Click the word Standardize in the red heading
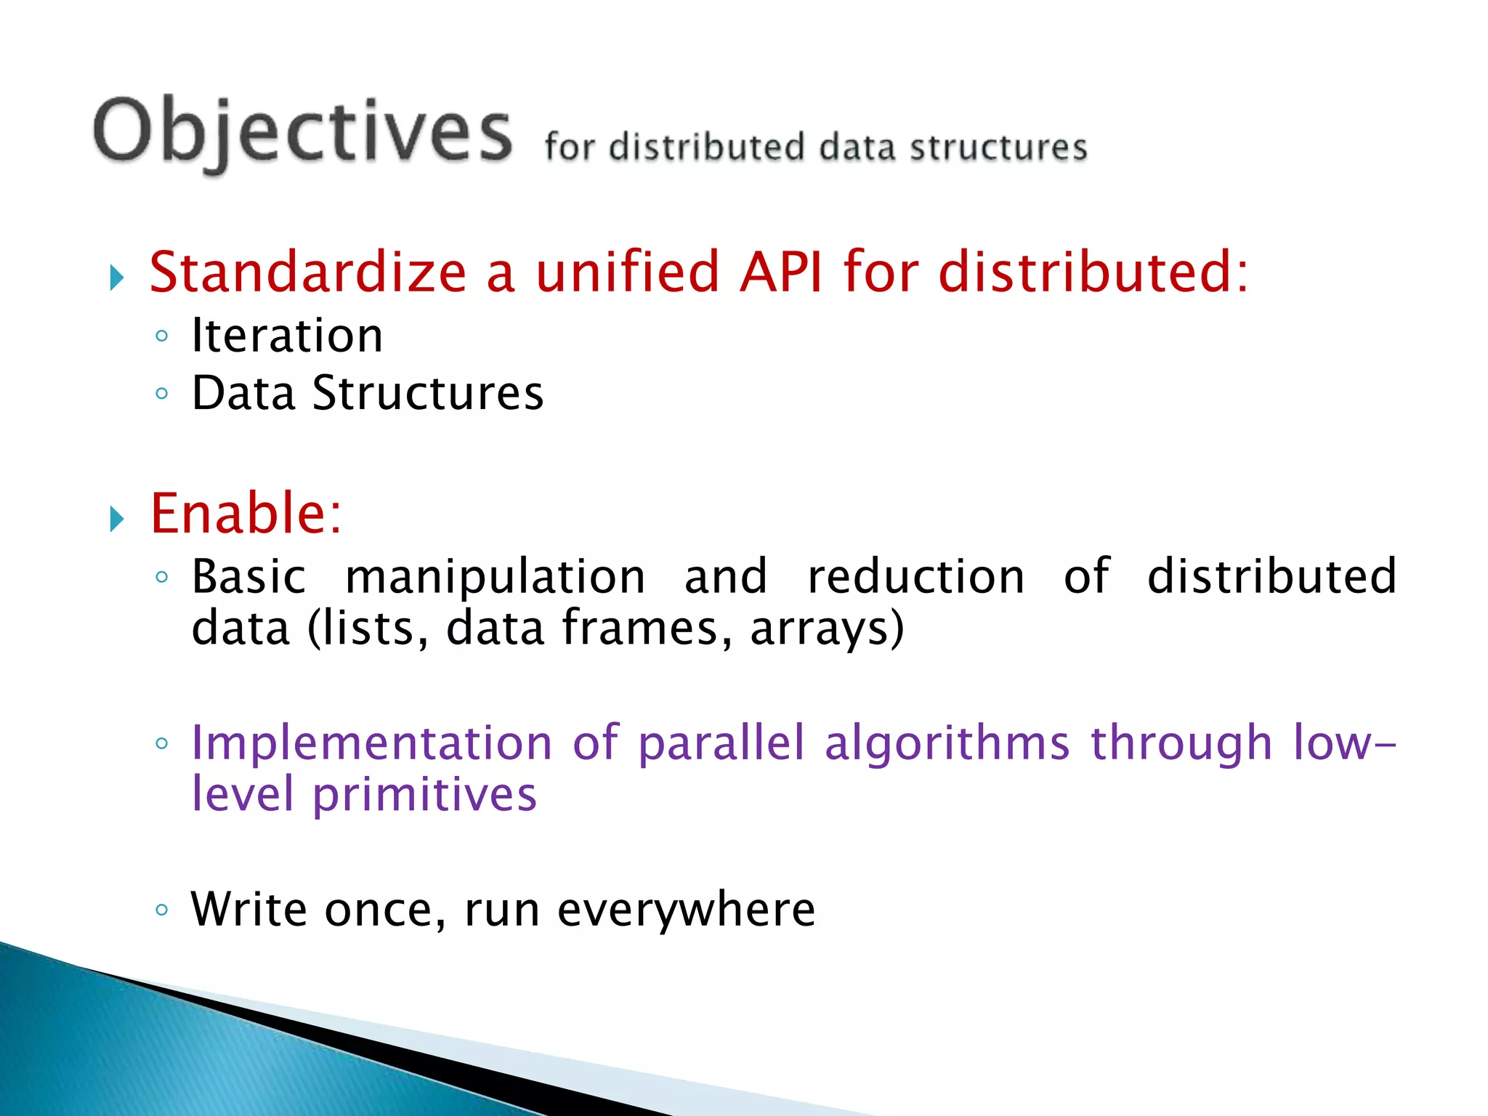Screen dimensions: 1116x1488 308,272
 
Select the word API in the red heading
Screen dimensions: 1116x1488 781,272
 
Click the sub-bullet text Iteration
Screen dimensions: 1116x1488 287,336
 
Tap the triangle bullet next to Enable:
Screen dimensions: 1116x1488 117,519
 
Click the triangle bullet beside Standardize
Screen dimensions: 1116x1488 117,278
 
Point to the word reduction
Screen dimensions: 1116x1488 916,577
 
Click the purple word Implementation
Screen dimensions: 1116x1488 371,743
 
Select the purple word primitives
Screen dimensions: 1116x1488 425,795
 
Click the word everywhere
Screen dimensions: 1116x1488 686,910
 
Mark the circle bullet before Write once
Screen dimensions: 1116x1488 162,910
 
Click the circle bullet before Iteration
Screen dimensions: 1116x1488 162,336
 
